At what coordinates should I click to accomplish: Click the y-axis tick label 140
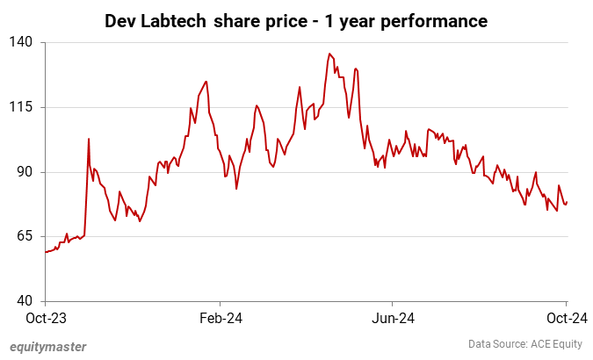(x=22, y=42)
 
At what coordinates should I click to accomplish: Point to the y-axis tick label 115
(x=22, y=107)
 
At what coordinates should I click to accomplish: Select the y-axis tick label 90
(x=25, y=172)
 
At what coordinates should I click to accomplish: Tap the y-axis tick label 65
(x=25, y=236)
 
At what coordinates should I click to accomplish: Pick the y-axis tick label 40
(x=25, y=301)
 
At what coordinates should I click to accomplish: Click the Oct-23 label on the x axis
(x=45, y=317)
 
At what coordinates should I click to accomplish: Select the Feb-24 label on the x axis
(x=220, y=317)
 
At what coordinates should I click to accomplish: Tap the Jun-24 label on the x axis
(x=392, y=317)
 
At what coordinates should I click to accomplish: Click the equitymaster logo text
(x=48, y=346)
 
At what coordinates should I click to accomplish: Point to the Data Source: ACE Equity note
(x=524, y=344)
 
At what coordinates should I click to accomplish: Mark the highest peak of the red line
(x=329, y=54)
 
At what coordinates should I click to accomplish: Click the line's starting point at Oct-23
(x=45, y=252)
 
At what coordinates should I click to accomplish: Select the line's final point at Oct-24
(x=567, y=203)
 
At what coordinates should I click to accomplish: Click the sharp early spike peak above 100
(x=89, y=139)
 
